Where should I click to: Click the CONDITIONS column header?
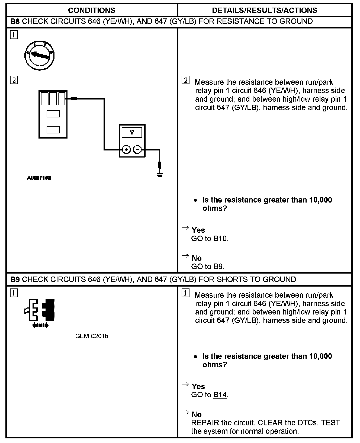[91, 10]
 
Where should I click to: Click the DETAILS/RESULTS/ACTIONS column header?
[264, 10]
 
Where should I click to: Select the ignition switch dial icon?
[40, 56]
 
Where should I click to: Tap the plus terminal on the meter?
[126, 149]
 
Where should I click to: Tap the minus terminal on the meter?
[137, 149]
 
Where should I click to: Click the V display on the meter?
[132, 133]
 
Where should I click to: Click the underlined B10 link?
[220, 239]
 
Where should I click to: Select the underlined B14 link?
[220, 395]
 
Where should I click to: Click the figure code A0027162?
[39, 178]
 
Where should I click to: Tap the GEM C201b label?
[92, 336]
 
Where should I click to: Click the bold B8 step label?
[15, 21]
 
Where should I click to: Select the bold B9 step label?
[15, 280]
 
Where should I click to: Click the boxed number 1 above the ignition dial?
[14, 35]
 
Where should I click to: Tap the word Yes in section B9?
[198, 386]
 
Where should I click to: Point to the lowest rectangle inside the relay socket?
[53, 130]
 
